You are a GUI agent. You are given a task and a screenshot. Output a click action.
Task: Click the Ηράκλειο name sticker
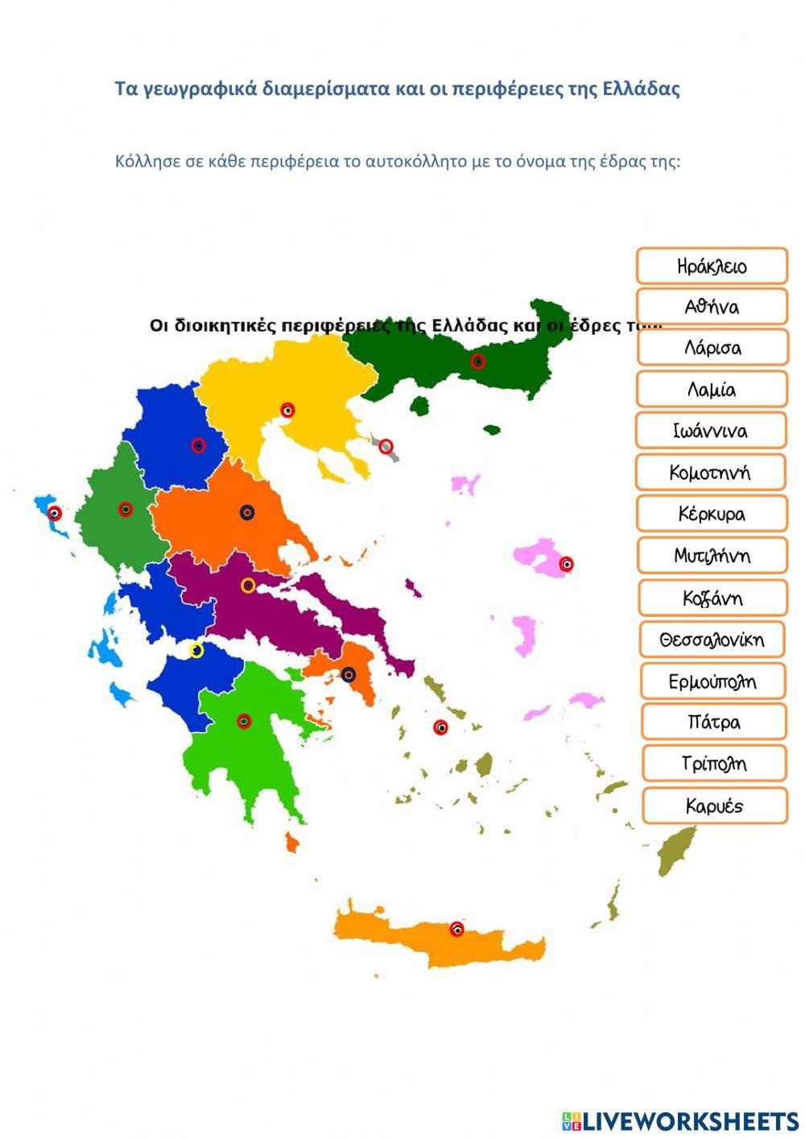point(712,266)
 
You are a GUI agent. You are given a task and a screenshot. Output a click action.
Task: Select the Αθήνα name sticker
point(712,307)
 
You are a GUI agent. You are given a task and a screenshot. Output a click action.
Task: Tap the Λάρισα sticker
point(712,348)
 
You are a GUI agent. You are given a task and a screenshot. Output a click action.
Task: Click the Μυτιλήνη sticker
point(712,556)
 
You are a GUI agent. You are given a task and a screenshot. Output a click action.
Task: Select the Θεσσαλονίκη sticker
point(712,639)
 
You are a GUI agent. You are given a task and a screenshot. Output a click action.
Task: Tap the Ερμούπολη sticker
point(712,681)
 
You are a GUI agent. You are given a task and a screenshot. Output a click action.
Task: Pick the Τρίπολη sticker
point(713,763)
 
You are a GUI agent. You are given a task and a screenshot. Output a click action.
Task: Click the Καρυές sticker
point(714,805)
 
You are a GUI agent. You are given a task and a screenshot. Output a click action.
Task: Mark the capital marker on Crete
point(456,929)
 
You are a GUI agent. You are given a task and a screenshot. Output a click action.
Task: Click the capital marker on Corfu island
point(55,513)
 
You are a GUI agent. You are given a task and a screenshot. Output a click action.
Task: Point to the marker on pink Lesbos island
point(566,564)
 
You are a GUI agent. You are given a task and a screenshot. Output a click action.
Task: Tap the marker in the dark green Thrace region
point(478,362)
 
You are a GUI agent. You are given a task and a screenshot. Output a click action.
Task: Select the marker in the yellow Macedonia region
point(287,410)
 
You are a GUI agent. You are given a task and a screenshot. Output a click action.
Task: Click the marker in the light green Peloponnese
point(244,721)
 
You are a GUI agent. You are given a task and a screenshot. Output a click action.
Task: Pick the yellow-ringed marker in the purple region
point(248,586)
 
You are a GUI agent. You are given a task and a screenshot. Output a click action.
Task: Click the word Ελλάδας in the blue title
point(641,88)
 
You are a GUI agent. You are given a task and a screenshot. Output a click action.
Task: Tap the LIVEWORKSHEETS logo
point(680,1120)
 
